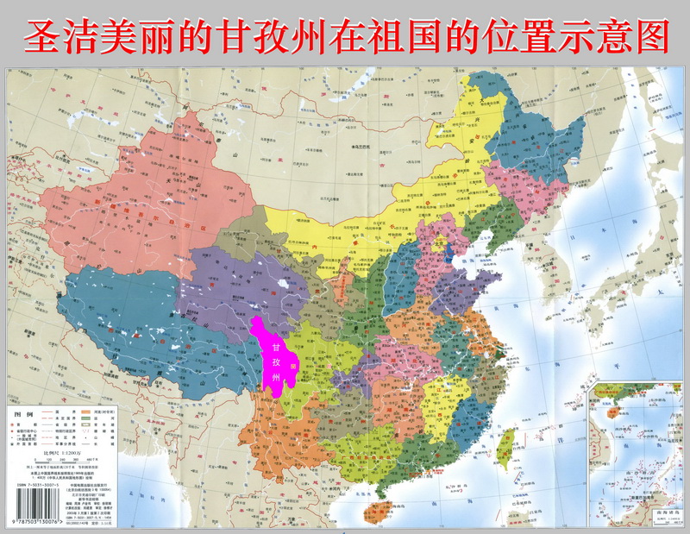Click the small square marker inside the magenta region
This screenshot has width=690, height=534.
293,366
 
